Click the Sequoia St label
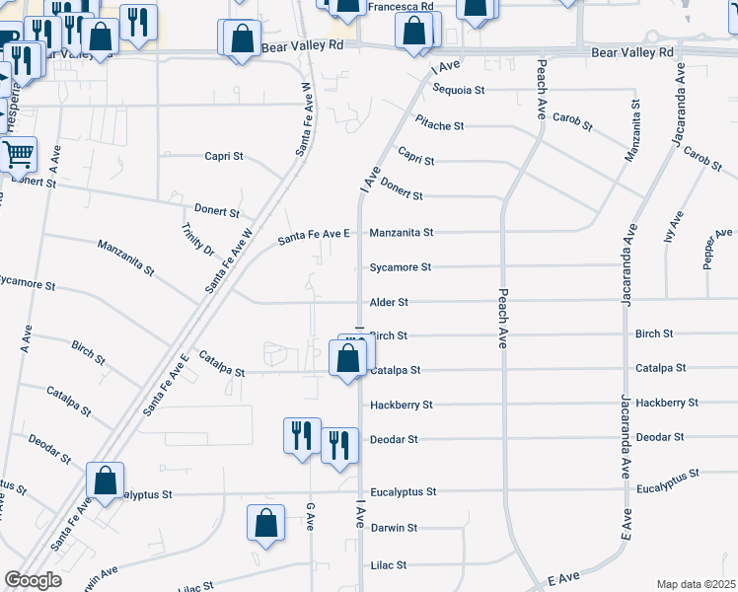pos(459,90)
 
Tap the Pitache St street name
pos(439,125)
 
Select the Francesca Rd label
pos(401,6)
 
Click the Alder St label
pos(389,302)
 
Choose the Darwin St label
pos(395,528)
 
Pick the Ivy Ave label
pos(676,227)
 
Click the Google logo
pos(34,580)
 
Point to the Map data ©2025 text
pos(696,583)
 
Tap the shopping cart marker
pos(19,155)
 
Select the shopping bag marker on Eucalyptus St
pos(105,481)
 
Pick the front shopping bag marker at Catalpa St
pos(347,358)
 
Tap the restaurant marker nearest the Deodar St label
pos(338,444)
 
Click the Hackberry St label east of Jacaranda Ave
pos(667,403)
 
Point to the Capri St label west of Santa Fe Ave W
pos(224,156)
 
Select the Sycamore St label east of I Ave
pos(401,267)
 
